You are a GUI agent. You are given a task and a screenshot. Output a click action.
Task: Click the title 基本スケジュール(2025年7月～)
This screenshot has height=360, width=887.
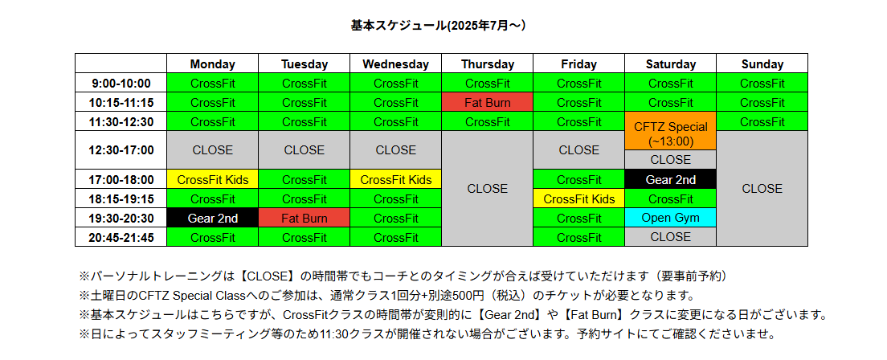pos(439,26)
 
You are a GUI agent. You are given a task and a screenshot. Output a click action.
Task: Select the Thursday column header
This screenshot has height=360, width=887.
pos(488,64)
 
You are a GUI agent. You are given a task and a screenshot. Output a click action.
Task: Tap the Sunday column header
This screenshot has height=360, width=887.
pos(762,64)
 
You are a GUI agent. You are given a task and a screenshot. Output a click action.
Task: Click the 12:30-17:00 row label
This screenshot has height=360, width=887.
pos(121,150)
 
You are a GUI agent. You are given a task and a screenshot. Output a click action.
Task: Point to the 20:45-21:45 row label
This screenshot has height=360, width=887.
pos(121,237)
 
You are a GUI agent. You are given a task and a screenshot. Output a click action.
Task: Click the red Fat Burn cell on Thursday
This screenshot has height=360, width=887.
pos(488,102)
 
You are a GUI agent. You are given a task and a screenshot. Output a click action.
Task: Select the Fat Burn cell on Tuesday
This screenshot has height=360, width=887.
pos(305,218)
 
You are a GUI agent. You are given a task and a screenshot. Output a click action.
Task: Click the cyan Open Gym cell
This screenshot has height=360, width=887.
pos(671,218)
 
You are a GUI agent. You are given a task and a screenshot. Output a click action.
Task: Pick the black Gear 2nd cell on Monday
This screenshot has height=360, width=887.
pos(213,218)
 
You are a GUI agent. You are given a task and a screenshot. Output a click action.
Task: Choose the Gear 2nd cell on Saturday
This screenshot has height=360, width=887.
pos(671,179)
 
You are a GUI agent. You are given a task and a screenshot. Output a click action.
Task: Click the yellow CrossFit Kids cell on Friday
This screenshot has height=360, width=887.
pos(579,198)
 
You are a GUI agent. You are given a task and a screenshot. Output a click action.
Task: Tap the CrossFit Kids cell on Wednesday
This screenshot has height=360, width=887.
pos(396,179)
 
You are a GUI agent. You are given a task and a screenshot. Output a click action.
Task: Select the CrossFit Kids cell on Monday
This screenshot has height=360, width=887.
pos(213,179)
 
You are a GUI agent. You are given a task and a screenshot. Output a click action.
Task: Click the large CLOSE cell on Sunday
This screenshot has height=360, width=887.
pos(762,189)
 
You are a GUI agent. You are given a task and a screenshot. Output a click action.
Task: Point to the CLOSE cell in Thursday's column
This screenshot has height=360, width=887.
pos(488,189)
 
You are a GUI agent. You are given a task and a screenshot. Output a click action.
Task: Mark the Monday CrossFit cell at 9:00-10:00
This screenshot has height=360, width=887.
pos(213,84)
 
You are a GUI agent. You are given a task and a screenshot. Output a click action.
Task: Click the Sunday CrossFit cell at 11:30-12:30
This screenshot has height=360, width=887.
pos(762,121)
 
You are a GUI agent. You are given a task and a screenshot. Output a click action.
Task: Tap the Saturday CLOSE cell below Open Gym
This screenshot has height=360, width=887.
pos(671,237)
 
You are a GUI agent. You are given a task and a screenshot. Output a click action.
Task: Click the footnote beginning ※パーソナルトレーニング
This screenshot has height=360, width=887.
pos(403,276)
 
